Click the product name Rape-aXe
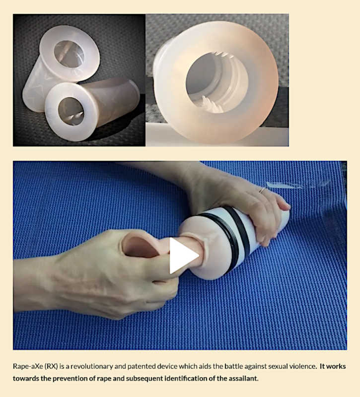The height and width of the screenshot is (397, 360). (x=28, y=366)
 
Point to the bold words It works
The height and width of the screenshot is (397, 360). (x=333, y=366)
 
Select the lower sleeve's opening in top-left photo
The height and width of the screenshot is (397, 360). (x=71, y=111)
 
